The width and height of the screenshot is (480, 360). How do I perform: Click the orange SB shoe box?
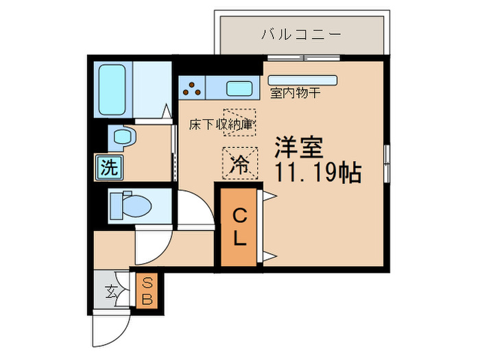click(x=147, y=291)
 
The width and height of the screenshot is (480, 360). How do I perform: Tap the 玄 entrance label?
click(x=110, y=291)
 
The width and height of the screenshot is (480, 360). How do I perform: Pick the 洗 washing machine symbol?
click(x=107, y=167)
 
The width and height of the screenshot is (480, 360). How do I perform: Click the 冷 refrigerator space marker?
click(x=239, y=165)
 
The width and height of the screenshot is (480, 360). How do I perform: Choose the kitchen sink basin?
click(x=238, y=88)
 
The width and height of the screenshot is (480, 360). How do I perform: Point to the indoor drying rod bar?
click(x=302, y=79)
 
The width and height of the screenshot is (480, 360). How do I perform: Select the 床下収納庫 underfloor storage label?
click(x=223, y=125)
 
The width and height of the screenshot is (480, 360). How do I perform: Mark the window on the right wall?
click(x=387, y=164)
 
